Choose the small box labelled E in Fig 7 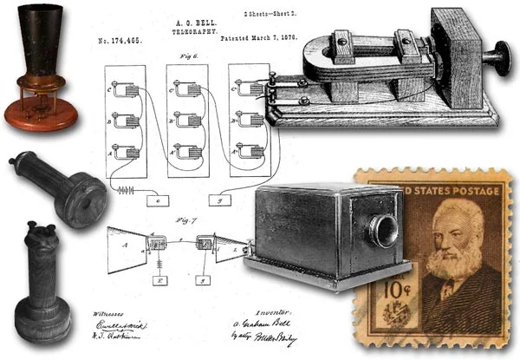[x=160, y=280]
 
